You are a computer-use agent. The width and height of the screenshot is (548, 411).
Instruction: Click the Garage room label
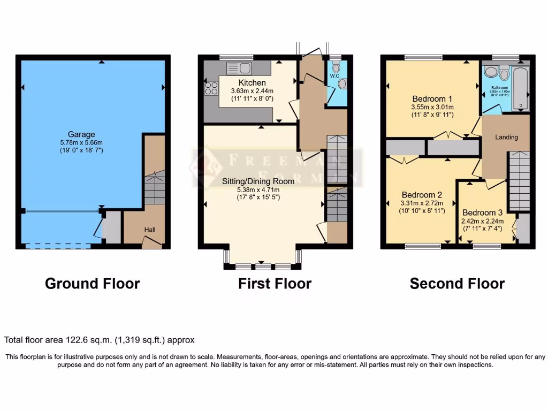click(x=81, y=134)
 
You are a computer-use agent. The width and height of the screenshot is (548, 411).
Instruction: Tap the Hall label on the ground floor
click(x=150, y=230)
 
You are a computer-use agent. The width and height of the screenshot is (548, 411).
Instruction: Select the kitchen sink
click(x=239, y=68)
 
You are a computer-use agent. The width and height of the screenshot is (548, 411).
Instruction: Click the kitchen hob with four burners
click(x=210, y=88)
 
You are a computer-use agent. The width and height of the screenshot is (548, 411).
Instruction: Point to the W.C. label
click(x=335, y=76)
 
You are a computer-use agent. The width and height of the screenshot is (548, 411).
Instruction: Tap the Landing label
click(x=506, y=137)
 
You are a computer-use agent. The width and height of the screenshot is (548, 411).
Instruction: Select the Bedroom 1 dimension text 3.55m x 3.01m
click(x=432, y=106)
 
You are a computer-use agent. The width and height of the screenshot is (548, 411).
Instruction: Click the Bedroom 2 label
click(x=421, y=194)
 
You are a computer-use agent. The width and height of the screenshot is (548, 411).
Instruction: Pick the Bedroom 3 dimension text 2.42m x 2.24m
click(x=486, y=220)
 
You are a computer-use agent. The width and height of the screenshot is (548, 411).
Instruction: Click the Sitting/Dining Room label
click(x=258, y=181)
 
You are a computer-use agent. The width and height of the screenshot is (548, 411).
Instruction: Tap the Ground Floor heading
click(x=92, y=283)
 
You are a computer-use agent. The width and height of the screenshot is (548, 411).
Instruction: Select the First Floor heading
click(x=275, y=283)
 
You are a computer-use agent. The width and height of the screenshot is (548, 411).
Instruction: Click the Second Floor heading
click(x=457, y=283)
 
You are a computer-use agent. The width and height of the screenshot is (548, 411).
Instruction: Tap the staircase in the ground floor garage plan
click(x=155, y=187)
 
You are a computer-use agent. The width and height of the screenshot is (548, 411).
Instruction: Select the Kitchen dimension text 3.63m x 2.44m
click(x=252, y=91)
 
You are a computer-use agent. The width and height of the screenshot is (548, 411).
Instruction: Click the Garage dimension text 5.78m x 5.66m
click(x=81, y=142)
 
